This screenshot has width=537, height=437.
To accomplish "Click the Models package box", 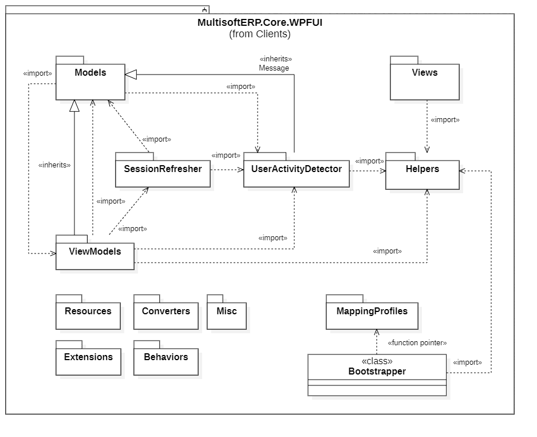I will pos(90,81).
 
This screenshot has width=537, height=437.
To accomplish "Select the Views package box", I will pos(424,81).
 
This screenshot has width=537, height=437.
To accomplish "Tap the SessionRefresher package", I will pos(163,173).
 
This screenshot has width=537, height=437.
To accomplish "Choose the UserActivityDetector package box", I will pos(296,173).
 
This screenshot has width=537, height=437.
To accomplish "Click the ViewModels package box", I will pos(95,256).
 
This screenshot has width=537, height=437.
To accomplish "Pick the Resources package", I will pos(88,315).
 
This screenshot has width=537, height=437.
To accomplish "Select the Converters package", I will pos(166,315).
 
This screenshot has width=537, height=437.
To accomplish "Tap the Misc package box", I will pos(227,315).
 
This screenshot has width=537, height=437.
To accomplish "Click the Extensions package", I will pos(88,361).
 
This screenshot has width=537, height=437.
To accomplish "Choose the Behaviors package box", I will pos(166,361).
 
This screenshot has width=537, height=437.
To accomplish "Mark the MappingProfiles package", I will pos(372,315).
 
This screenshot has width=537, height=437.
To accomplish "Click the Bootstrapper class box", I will pos(377,374).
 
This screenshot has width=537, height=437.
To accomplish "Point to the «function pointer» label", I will pos(417,343).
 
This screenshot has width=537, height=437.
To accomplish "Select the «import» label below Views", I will pos(445,120).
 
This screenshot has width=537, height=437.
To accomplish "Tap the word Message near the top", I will pos(274,68).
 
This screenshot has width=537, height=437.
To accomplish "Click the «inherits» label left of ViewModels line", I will pos(54,165).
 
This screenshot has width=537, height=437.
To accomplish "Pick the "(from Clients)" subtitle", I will pos(260,34).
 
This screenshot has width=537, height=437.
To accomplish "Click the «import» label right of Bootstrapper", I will pos(467,362).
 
